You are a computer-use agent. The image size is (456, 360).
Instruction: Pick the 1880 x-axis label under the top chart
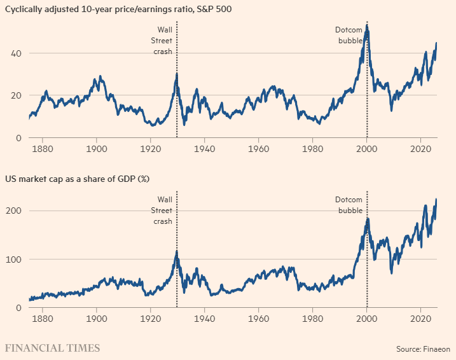pyautogui.click(x=42, y=150)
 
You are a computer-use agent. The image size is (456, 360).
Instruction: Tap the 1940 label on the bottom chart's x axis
pyautogui.click(x=205, y=320)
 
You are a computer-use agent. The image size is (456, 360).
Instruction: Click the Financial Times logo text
pyautogui.click(x=52, y=348)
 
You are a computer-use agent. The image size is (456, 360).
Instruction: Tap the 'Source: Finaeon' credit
pyautogui.click(x=422, y=349)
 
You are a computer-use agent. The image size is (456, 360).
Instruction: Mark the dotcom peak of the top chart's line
pyautogui.click(x=366, y=27)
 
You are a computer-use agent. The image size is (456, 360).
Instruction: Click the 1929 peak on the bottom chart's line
pyautogui.click(x=176, y=252)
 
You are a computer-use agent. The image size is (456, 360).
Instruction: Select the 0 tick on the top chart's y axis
pyautogui.click(x=19, y=137)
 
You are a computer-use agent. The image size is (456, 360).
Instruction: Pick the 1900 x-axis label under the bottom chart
pyautogui.click(x=96, y=320)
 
